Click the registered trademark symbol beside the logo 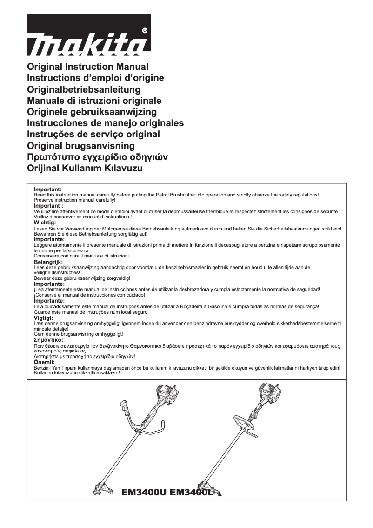click(x=144, y=30)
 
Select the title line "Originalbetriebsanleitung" click(x=84, y=89)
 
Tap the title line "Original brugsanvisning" click(x=81, y=146)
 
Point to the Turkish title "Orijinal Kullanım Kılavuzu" click(x=85, y=168)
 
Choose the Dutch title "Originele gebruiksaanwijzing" click(x=92, y=112)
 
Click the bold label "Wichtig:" click(x=45, y=223)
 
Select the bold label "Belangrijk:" click(x=48, y=263)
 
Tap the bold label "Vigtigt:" click(x=44, y=318)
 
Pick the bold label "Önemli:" click(x=44, y=362)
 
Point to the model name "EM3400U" click(x=143, y=492)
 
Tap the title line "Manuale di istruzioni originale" click(x=94, y=101)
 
